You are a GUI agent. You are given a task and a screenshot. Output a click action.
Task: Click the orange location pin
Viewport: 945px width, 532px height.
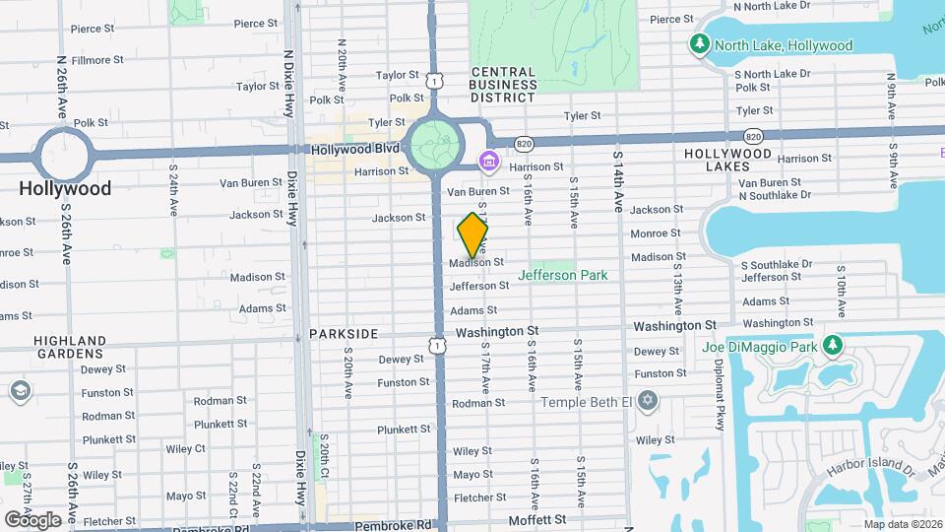[473, 234]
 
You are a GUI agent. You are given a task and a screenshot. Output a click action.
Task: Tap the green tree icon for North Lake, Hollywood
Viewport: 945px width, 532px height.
[700, 45]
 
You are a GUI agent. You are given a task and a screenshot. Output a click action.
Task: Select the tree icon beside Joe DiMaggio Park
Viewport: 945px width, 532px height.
[834, 346]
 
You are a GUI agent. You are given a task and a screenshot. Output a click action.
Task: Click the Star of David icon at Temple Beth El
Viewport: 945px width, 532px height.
[647, 402]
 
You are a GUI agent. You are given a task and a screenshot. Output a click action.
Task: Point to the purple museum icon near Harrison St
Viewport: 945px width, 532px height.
[487, 161]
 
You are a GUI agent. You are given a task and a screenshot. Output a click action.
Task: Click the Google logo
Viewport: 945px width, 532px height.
[31, 519]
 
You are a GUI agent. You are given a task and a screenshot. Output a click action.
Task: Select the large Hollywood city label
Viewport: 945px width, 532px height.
[66, 188]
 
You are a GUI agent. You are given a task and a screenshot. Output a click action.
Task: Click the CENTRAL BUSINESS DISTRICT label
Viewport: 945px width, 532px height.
[502, 85]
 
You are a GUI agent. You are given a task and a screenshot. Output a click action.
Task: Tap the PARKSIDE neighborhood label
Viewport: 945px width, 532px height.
[344, 334]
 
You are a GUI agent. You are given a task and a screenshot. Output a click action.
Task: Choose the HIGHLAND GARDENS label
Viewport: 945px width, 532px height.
[70, 346]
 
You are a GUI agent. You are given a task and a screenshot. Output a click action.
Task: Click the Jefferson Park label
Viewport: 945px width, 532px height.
[562, 276]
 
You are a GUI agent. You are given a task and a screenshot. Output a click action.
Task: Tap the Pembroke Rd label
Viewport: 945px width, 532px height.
[394, 526]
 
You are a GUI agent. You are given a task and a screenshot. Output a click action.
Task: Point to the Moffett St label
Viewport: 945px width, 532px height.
[537, 519]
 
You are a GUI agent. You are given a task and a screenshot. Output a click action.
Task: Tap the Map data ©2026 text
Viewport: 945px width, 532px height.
[904, 524]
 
